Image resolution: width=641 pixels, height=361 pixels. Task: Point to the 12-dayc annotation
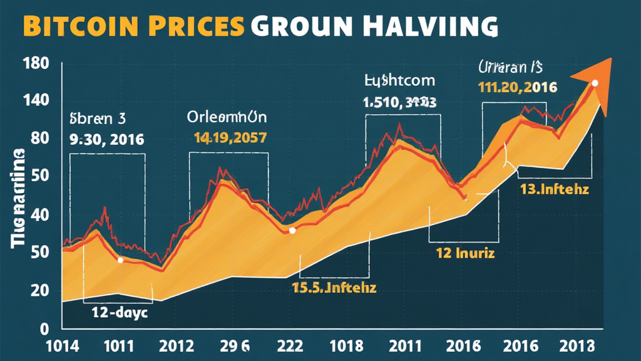[119, 313]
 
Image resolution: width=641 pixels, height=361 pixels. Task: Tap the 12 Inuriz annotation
[465, 254]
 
